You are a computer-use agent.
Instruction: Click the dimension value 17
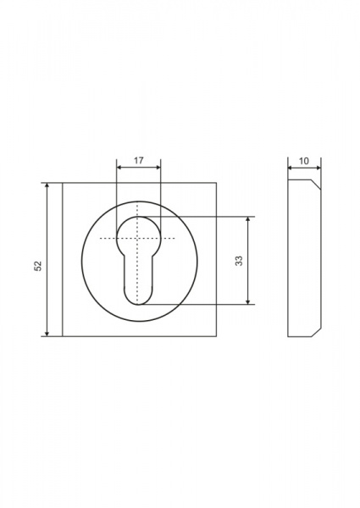click(139, 160)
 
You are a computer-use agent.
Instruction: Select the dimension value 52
click(38, 266)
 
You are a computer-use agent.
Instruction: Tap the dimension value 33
click(239, 261)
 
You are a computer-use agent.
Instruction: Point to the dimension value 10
click(304, 161)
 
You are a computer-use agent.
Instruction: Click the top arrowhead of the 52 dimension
click(47, 185)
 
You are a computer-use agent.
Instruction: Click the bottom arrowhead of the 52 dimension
click(47, 334)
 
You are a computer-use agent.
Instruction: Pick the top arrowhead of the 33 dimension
click(248, 219)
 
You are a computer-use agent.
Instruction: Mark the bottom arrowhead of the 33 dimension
click(248, 302)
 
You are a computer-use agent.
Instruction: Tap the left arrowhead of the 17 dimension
click(119, 168)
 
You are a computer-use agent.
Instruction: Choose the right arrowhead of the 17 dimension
click(158, 168)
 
